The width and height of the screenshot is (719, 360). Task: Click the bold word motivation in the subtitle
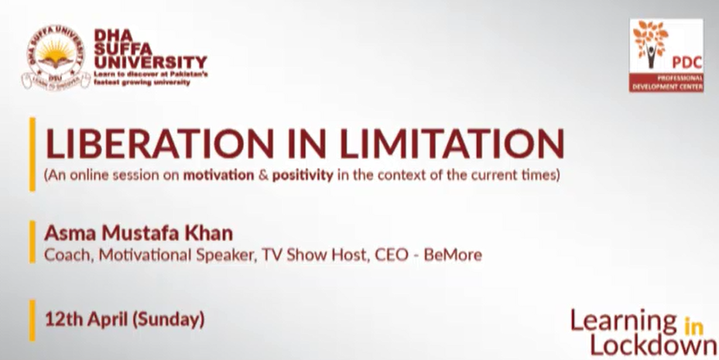coord(219,176)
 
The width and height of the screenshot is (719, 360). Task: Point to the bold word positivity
coord(303,176)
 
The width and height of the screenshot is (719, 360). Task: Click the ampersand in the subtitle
coord(263,176)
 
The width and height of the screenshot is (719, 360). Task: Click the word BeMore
coord(453,255)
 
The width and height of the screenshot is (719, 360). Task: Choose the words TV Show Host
coord(316,255)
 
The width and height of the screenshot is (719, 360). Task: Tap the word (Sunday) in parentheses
coord(168,320)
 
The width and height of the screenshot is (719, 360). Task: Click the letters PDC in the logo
coord(687,63)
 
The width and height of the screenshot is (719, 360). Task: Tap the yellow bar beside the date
coord(32,320)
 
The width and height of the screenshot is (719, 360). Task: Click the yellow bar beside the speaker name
coord(32,242)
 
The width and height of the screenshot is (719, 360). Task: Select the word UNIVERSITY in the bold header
coord(150,63)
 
